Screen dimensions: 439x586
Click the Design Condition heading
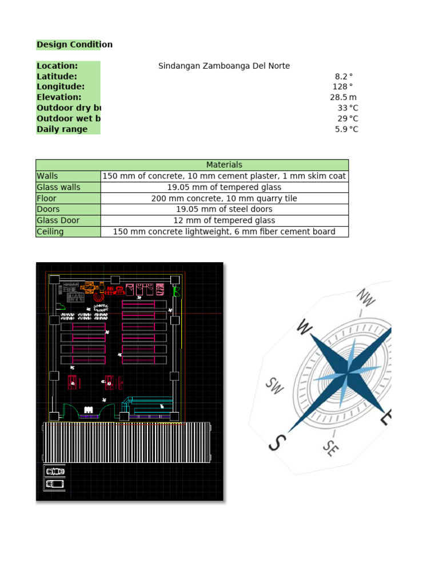click(x=74, y=45)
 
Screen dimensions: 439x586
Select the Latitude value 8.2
click(x=341, y=77)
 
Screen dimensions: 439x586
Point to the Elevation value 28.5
click(x=339, y=98)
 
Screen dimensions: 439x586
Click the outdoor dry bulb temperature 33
click(x=342, y=108)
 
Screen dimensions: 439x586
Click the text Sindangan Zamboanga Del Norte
click(x=224, y=66)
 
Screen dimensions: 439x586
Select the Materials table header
click(x=224, y=165)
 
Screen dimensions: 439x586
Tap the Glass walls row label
click(x=59, y=187)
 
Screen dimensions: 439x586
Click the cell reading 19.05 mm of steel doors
click(x=224, y=209)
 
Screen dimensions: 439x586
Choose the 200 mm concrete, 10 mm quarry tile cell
click(x=224, y=199)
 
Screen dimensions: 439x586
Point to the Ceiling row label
click(x=50, y=232)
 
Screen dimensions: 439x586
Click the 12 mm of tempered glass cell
click(x=224, y=220)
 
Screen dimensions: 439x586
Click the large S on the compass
click(x=277, y=442)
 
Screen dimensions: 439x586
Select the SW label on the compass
click(x=274, y=386)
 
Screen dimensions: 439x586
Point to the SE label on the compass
click(x=330, y=448)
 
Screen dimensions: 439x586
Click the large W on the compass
click(x=305, y=328)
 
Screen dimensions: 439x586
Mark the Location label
click(x=57, y=66)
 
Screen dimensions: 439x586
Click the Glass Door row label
click(x=58, y=220)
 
